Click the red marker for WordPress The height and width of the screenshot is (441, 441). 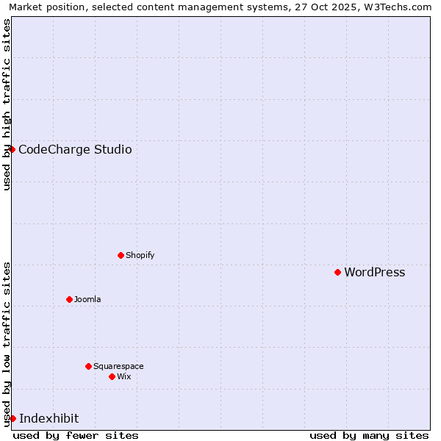point(337,272)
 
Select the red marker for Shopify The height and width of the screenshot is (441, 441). point(121,255)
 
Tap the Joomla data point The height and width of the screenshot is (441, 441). point(69,299)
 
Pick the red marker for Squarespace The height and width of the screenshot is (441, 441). point(88,366)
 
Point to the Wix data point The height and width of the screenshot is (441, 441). point(112,376)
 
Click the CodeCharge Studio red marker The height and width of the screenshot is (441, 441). point(12,149)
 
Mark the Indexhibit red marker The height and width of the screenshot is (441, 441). point(12,418)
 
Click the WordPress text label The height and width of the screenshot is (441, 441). point(374,273)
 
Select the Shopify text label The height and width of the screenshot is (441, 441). point(140,256)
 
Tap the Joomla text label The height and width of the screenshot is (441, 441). point(87,300)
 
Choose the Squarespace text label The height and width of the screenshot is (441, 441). point(118,367)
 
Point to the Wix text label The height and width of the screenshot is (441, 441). point(123,377)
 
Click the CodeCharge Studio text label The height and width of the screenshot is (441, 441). point(75,150)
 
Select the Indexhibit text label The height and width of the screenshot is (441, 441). point(49,419)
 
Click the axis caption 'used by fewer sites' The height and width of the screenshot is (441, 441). point(76,435)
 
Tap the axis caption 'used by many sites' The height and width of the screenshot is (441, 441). point(369,435)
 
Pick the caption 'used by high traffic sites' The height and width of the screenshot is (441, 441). point(7,104)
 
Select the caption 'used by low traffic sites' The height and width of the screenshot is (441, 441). point(7,344)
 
